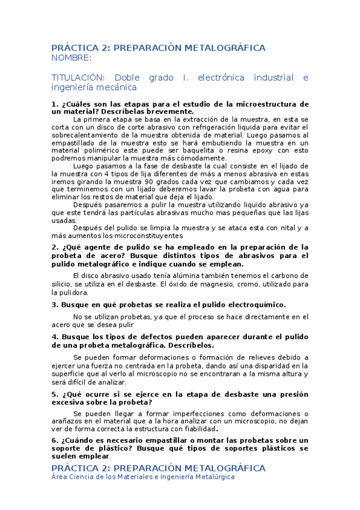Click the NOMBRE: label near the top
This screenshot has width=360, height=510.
tap(72, 58)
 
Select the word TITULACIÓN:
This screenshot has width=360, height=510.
tap(77, 78)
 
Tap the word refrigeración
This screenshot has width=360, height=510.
tap(218, 127)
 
